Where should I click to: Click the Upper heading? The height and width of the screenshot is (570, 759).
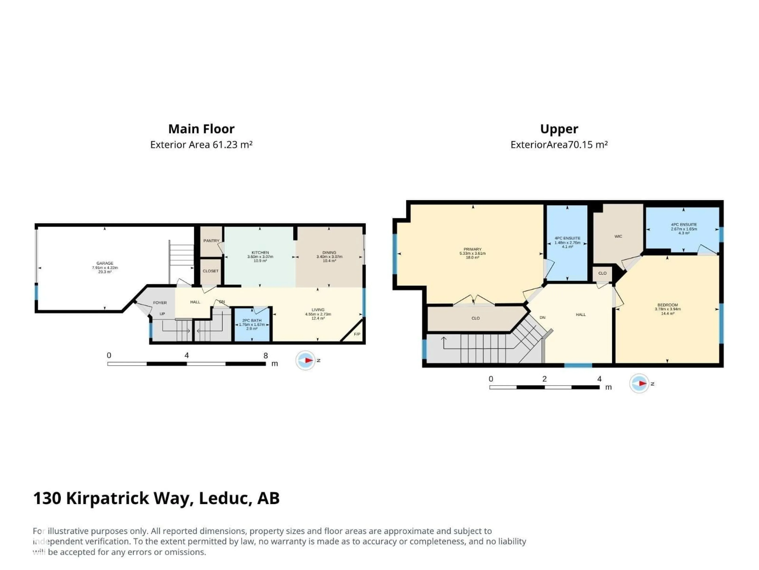pyautogui.click(x=559, y=129)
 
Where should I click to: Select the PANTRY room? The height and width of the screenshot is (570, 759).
pyautogui.click(x=211, y=241)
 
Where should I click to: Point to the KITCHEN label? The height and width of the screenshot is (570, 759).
pyautogui.click(x=260, y=253)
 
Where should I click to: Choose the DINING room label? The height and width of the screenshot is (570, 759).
pyautogui.click(x=329, y=253)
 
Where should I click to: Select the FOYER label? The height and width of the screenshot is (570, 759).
pyautogui.click(x=160, y=303)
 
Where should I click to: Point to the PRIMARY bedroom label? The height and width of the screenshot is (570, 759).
pyautogui.click(x=472, y=249)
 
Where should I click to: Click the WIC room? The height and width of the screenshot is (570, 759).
pyautogui.click(x=618, y=236)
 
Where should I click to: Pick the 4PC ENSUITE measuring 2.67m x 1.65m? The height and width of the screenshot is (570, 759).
pyautogui.click(x=683, y=228)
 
